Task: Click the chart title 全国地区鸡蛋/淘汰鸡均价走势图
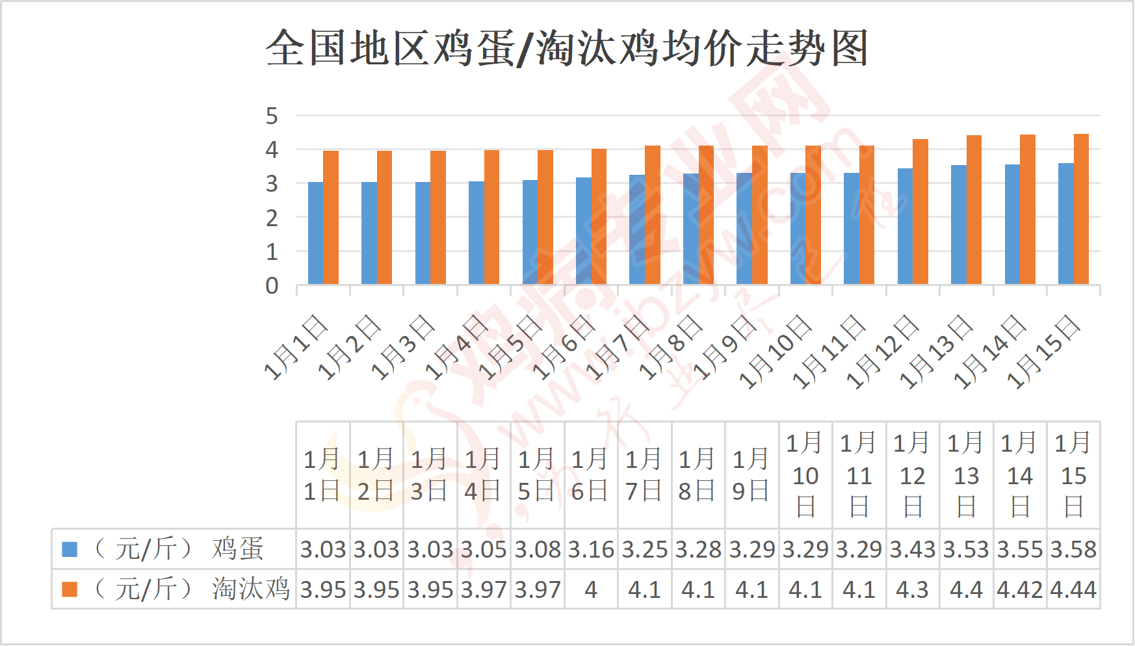click(567, 48)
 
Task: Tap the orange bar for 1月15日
click(1081, 209)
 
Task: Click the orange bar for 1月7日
click(653, 215)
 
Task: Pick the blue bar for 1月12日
click(905, 226)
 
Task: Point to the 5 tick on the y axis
click(272, 116)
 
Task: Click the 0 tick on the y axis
click(272, 285)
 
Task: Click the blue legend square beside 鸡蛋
click(70, 549)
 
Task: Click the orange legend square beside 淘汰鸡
click(70, 589)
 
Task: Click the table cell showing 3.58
click(1073, 550)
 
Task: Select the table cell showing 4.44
click(1073, 590)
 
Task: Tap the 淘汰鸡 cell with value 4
click(591, 590)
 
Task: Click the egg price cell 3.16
click(591, 550)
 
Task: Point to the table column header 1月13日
click(966, 475)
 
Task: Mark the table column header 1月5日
click(537, 475)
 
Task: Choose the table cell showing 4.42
click(1019, 590)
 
